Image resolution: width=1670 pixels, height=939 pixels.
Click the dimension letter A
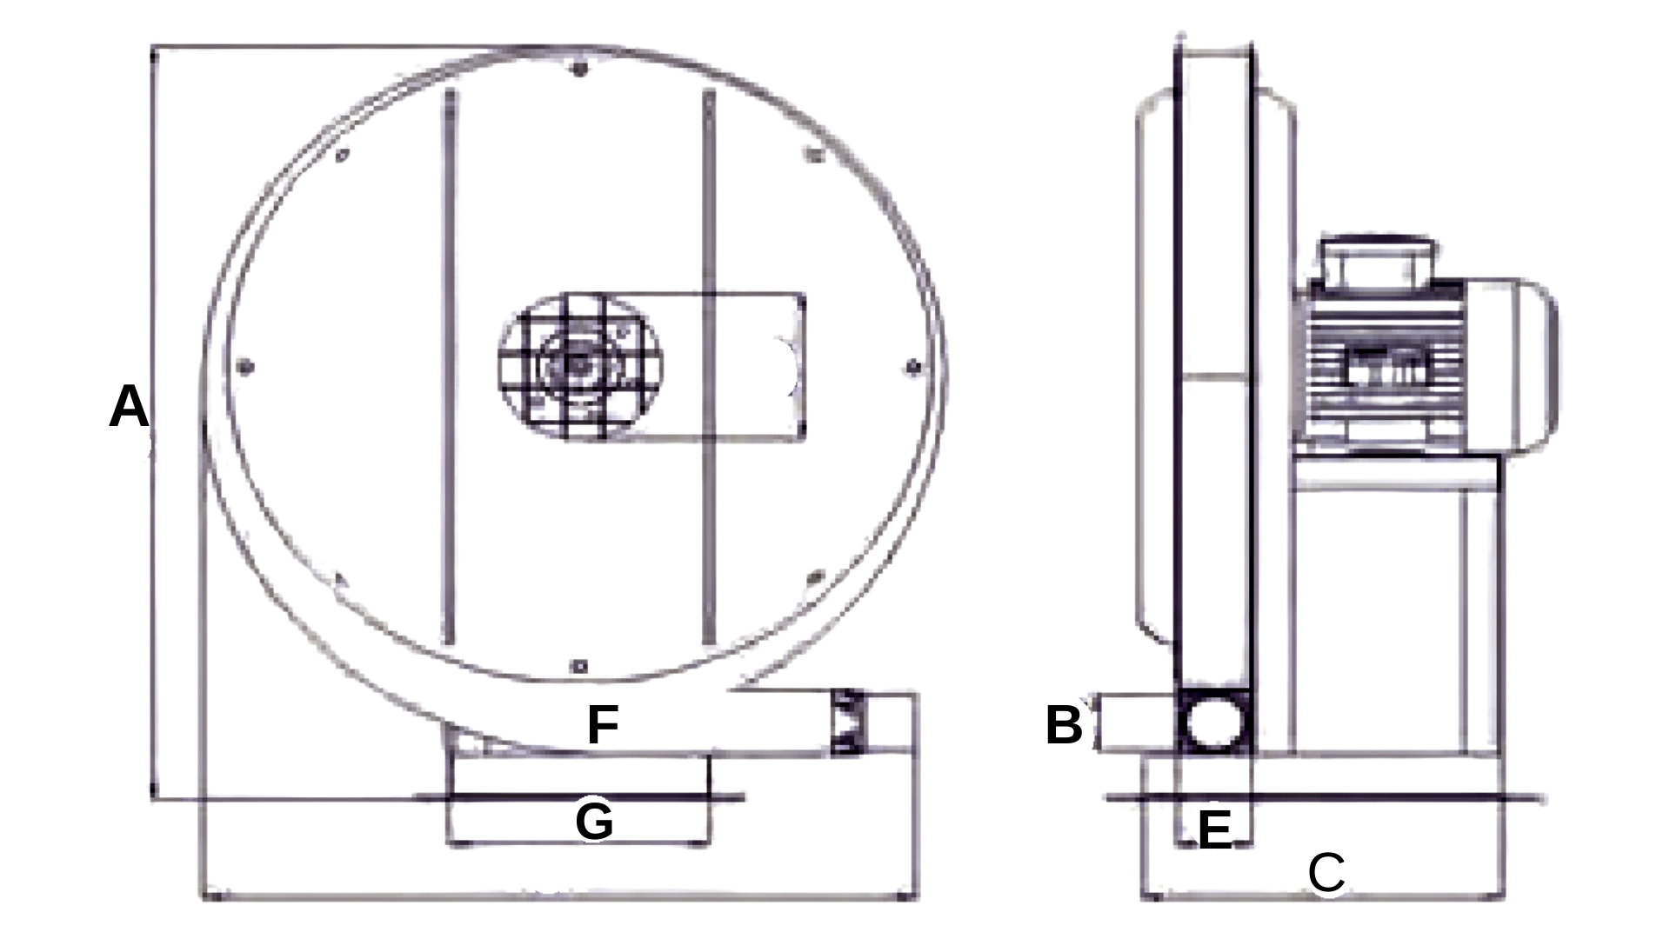pos(129,407)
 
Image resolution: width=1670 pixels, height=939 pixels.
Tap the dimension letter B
pos(1064,725)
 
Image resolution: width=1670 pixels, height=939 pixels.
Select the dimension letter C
pos(1326,872)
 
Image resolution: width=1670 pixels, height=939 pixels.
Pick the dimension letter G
pos(594,821)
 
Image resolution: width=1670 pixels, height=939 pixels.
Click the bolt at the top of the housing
pos(580,68)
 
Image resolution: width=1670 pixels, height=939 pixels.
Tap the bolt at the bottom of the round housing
pos(579,667)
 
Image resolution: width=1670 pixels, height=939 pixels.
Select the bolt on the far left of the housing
pos(245,366)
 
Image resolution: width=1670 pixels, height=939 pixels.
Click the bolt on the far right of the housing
pos(912,367)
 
